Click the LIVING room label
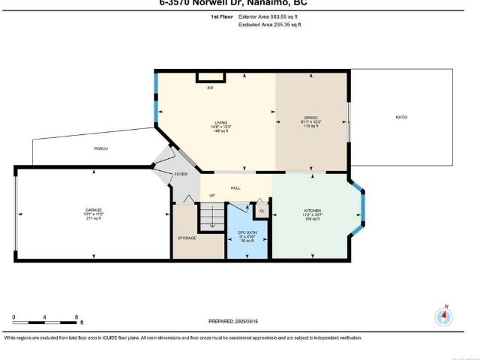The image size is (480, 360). [x=220, y=122]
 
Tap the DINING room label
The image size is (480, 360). [x=310, y=118]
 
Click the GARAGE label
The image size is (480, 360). [x=93, y=209]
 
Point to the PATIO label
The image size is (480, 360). [x=402, y=118]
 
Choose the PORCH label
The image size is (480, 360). [x=100, y=148]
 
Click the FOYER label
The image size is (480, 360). [x=181, y=174]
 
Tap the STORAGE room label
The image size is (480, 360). [x=187, y=238]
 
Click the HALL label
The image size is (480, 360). [x=235, y=187]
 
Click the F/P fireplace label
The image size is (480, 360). [x=210, y=88]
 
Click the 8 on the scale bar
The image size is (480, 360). [x=75, y=316]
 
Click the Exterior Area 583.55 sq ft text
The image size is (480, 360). [x=268, y=15]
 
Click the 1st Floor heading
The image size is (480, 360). [x=220, y=15]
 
